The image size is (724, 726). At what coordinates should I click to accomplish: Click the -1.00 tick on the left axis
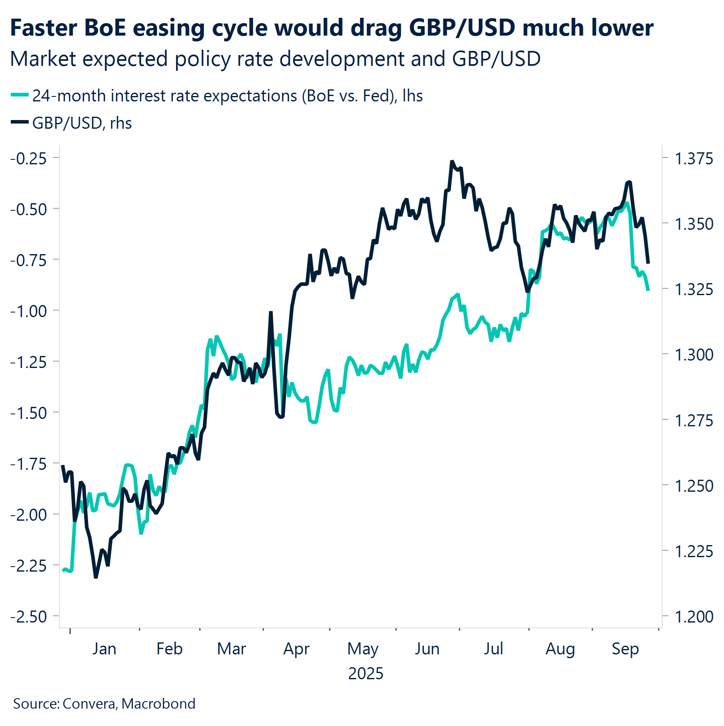pos(29,311)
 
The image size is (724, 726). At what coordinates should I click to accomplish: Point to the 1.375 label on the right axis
pos(693,159)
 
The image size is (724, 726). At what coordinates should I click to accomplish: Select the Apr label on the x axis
pos(296,649)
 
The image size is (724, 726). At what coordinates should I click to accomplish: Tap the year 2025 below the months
pos(366,674)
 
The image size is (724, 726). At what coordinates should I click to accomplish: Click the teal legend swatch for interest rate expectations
pos(19,95)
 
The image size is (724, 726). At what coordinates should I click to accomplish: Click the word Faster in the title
pos(43,28)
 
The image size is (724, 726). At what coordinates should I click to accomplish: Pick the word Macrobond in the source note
pos(158,704)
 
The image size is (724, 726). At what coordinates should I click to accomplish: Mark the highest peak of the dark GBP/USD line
pos(452,161)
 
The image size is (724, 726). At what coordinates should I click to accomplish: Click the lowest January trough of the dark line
pos(96,577)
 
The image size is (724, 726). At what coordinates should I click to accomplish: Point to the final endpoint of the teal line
pos(648,290)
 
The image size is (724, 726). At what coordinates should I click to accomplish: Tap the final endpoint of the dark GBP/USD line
pos(648,263)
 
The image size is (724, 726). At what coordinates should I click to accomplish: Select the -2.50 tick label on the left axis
pos(29,617)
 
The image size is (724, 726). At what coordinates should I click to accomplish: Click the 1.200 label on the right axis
pos(693,617)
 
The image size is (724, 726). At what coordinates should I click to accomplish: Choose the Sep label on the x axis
pos(625,649)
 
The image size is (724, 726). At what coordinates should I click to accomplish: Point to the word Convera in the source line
pos(89,704)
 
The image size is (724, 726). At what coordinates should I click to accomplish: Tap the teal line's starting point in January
pos(63,570)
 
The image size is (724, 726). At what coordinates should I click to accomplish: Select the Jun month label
pos(427,649)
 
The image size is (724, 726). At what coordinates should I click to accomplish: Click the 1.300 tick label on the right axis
pos(693,355)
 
